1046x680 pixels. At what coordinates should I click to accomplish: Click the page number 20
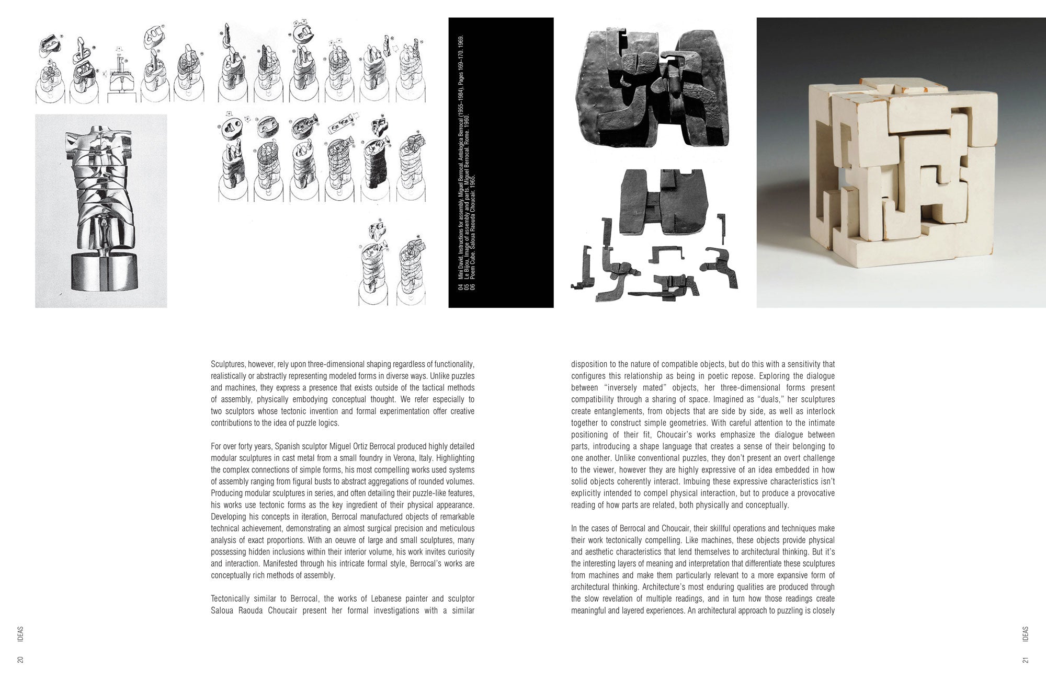pyautogui.click(x=20, y=660)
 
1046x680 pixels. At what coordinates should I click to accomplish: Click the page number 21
pyautogui.click(x=1026, y=660)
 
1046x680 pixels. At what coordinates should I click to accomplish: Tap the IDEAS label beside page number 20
pyautogui.click(x=20, y=633)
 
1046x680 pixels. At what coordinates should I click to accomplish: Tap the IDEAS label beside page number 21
pyautogui.click(x=1026, y=633)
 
